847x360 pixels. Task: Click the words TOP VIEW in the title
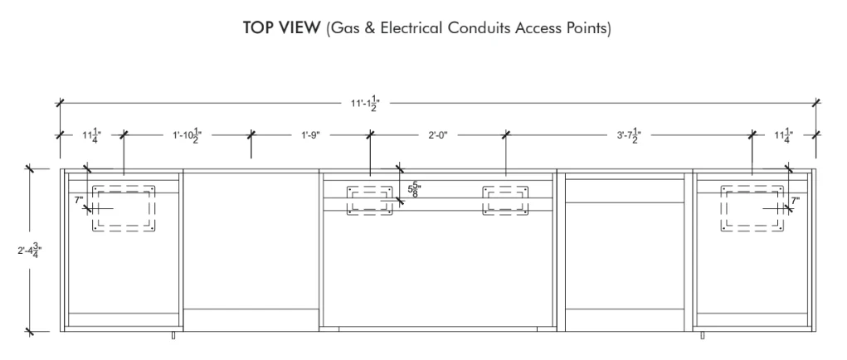[x=281, y=27]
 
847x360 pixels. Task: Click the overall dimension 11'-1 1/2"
[x=366, y=103]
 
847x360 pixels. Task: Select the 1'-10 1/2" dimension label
[x=187, y=135]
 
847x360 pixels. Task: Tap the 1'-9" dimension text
[x=310, y=135]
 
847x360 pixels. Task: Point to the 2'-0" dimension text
[x=438, y=135]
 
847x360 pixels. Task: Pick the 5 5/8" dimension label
[x=414, y=189]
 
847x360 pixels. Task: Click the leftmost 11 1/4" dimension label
[x=91, y=135]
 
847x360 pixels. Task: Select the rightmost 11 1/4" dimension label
[x=783, y=135]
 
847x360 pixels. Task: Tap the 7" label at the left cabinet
[x=79, y=201]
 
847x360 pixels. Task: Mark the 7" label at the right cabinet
[x=795, y=201]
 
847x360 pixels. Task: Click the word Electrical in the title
[x=411, y=27]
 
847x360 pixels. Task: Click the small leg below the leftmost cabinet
[x=173, y=335]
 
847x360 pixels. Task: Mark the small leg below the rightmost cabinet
[x=702, y=335]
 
